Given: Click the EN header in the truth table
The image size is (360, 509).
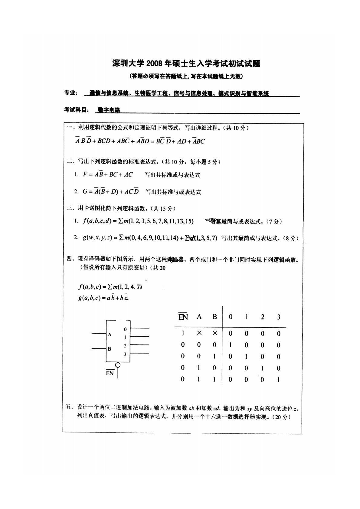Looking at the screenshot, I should tap(183, 317).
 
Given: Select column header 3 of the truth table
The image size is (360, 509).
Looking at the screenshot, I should tap(278, 317).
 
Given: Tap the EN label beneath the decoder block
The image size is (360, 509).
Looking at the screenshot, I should tap(110, 373).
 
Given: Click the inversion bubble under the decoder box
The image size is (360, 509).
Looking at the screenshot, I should tap(118, 365).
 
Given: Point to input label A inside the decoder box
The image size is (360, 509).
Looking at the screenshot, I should tap(110, 334).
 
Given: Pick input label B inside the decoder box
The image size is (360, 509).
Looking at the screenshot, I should tap(110, 349).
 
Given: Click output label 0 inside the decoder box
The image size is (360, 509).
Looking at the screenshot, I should tap(125, 329).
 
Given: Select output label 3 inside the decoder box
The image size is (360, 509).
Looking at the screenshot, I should tap(125, 354).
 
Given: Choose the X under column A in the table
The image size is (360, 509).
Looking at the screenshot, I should tap(199, 333).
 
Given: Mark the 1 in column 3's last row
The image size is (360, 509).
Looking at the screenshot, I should tap(278, 380).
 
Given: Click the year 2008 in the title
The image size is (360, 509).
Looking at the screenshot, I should tap(155, 64).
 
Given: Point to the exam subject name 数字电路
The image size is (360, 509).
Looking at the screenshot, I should tap(109, 110).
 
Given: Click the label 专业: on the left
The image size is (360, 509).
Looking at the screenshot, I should tap(71, 93).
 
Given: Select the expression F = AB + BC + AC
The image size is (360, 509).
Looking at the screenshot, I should tap(108, 175).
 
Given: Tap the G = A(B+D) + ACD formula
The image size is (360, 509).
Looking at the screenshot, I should tap(110, 191).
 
